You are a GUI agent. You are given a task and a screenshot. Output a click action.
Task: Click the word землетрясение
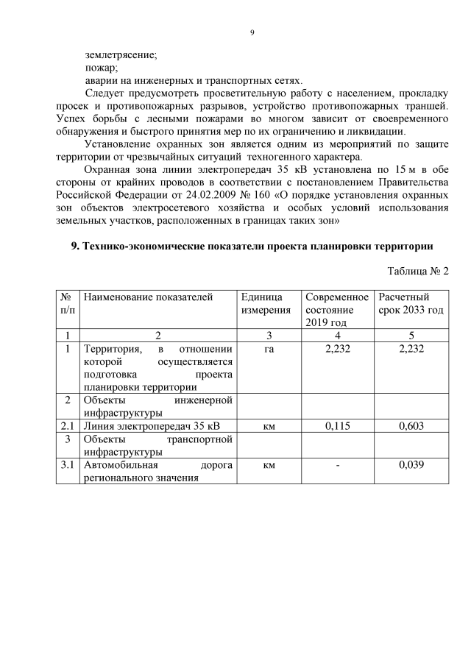coord(121,54)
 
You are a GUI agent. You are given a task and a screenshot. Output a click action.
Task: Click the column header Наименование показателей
coord(148,297)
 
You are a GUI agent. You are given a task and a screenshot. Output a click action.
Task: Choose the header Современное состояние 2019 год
coord(336,310)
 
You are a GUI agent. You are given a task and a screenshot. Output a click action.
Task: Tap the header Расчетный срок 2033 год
coord(411,304)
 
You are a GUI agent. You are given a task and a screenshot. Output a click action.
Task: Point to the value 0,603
coord(411,426)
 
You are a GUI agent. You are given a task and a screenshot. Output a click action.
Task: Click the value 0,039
coord(411,465)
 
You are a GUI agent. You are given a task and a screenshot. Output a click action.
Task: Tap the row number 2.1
coord(68,426)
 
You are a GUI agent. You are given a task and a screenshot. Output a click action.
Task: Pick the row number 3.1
coord(68,465)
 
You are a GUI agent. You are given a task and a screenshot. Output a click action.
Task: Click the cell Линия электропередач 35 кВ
coord(151,426)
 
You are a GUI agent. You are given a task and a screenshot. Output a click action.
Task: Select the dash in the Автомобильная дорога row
coord(336,465)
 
